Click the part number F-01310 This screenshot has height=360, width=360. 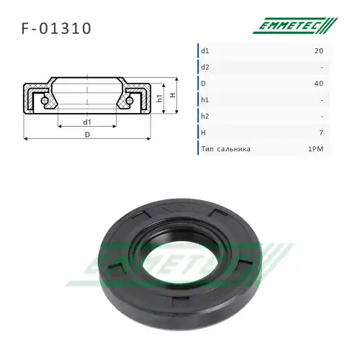pyautogui.click(x=56, y=29)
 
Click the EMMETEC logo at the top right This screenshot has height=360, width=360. pyautogui.click(x=295, y=25)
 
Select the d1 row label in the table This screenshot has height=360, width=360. pyautogui.click(x=205, y=51)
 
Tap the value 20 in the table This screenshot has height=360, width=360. pyautogui.click(x=319, y=51)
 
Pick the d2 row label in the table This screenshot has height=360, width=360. pyautogui.click(x=205, y=67)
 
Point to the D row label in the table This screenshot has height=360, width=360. pyautogui.click(x=203, y=84)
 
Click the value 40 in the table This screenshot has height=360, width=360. pyautogui.click(x=319, y=84)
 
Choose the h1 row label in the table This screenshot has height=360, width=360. pyautogui.click(x=204, y=100)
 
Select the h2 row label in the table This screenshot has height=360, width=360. pyautogui.click(x=205, y=116)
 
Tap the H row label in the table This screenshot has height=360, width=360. pyautogui.click(x=203, y=132)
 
